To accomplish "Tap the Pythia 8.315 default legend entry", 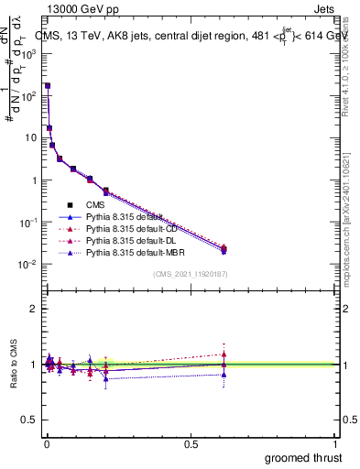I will (x=116, y=217).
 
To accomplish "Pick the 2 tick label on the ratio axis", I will (x=33, y=309).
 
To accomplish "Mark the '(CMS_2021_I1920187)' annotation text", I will (x=190, y=274).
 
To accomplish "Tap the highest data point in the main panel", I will (x=48, y=85).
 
